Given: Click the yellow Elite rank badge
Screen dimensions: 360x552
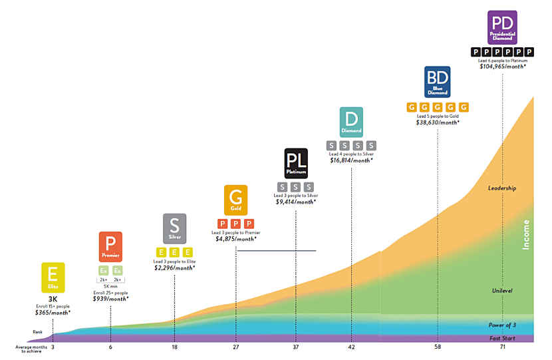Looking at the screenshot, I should [53, 278].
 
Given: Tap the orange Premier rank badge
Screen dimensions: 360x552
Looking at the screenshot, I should [110, 247].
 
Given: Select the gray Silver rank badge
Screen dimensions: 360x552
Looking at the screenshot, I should [174, 228].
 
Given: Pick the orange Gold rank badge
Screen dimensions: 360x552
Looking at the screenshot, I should [235, 200].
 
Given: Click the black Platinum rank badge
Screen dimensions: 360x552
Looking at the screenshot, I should [295, 163].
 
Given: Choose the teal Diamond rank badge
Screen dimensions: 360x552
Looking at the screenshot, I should [351, 122].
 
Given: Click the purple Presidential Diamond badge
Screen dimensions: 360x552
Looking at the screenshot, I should [502, 28].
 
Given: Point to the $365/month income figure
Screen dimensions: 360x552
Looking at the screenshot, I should [53, 312].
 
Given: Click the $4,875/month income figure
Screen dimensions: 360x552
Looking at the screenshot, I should [236, 239].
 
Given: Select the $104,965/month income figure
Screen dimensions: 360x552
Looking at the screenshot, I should [502, 67].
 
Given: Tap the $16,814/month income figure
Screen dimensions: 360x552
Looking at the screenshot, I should [351, 160].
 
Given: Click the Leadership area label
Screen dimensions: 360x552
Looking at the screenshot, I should [502, 188].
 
